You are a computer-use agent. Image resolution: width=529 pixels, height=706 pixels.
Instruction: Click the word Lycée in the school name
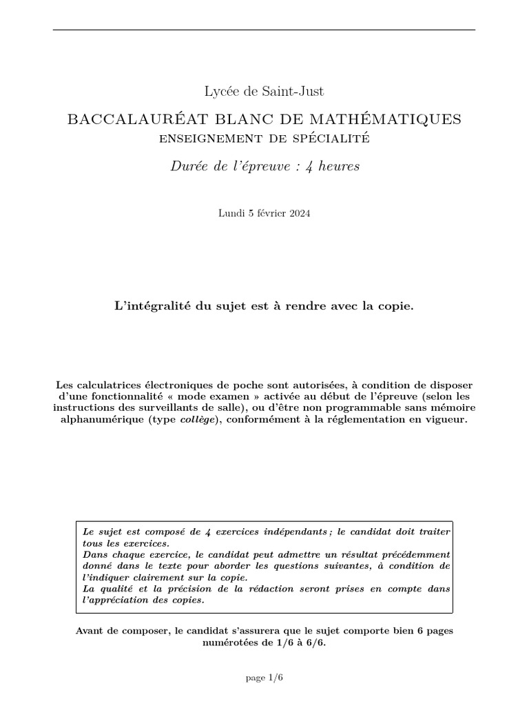pos(220,90)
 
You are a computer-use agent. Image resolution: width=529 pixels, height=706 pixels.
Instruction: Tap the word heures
pos(338,166)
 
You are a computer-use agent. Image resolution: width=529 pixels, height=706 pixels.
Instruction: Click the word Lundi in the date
pos(231,214)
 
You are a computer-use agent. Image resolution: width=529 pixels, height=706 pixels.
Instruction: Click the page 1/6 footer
pos(264,678)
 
